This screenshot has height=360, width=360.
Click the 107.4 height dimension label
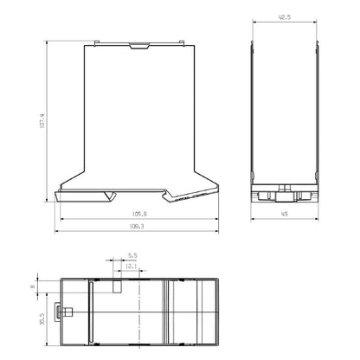[x=42, y=121]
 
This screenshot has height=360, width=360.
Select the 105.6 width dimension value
[x=139, y=214]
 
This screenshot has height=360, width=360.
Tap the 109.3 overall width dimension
[x=137, y=227]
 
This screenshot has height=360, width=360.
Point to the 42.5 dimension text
[x=285, y=17]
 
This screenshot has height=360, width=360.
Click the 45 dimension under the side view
[x=285, y=214]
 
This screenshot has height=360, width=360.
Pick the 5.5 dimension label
[x=132, y=255]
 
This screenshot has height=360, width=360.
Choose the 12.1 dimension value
[x=131, y=267]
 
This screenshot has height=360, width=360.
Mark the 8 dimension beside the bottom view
[x=33, y=286]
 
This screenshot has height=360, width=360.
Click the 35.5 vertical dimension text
[x=42, y=319]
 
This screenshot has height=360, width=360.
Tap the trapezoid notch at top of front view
[x=139, y=46]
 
